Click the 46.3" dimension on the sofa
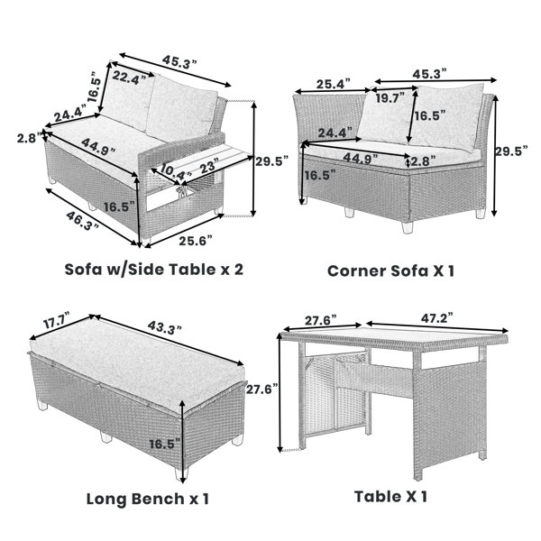82,221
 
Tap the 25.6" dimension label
196,241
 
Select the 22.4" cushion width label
129,78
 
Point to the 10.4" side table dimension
172,171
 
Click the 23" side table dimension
209,166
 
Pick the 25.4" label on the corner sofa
334,84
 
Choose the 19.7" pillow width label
390,98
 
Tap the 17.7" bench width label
57,320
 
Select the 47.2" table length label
436,318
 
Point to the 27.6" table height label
261,390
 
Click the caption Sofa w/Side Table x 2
154,270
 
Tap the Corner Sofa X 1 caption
390,270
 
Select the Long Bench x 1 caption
148,499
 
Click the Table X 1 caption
390,497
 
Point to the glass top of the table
394,335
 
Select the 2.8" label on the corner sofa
425,160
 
